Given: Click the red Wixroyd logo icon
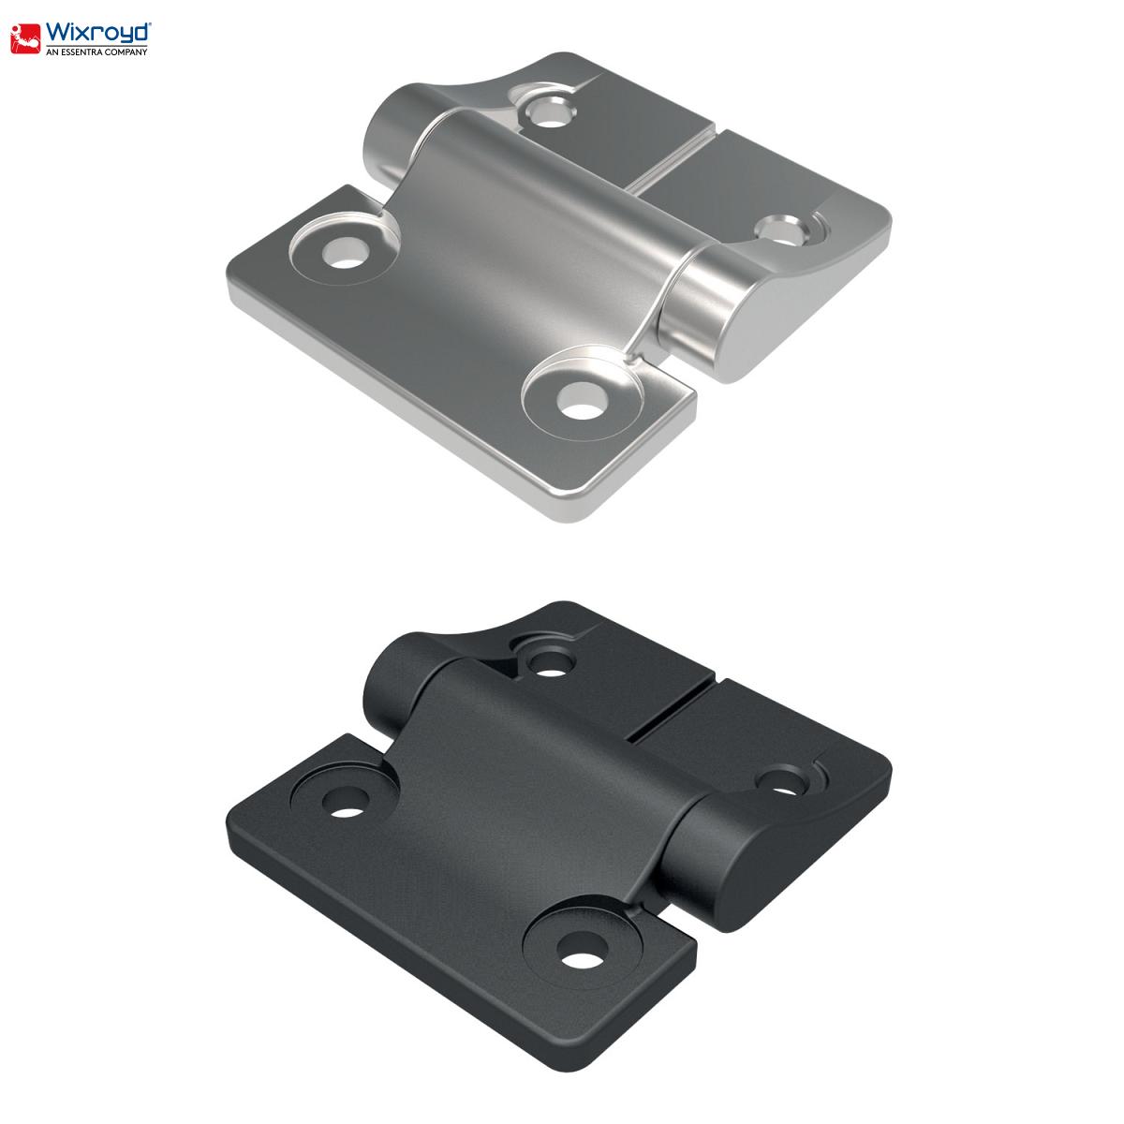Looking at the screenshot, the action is [25, 38].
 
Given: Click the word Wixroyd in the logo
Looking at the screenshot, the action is [98, 33].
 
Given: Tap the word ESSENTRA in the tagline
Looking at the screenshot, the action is [81, 52].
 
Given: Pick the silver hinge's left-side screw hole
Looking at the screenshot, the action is [346, 253].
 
